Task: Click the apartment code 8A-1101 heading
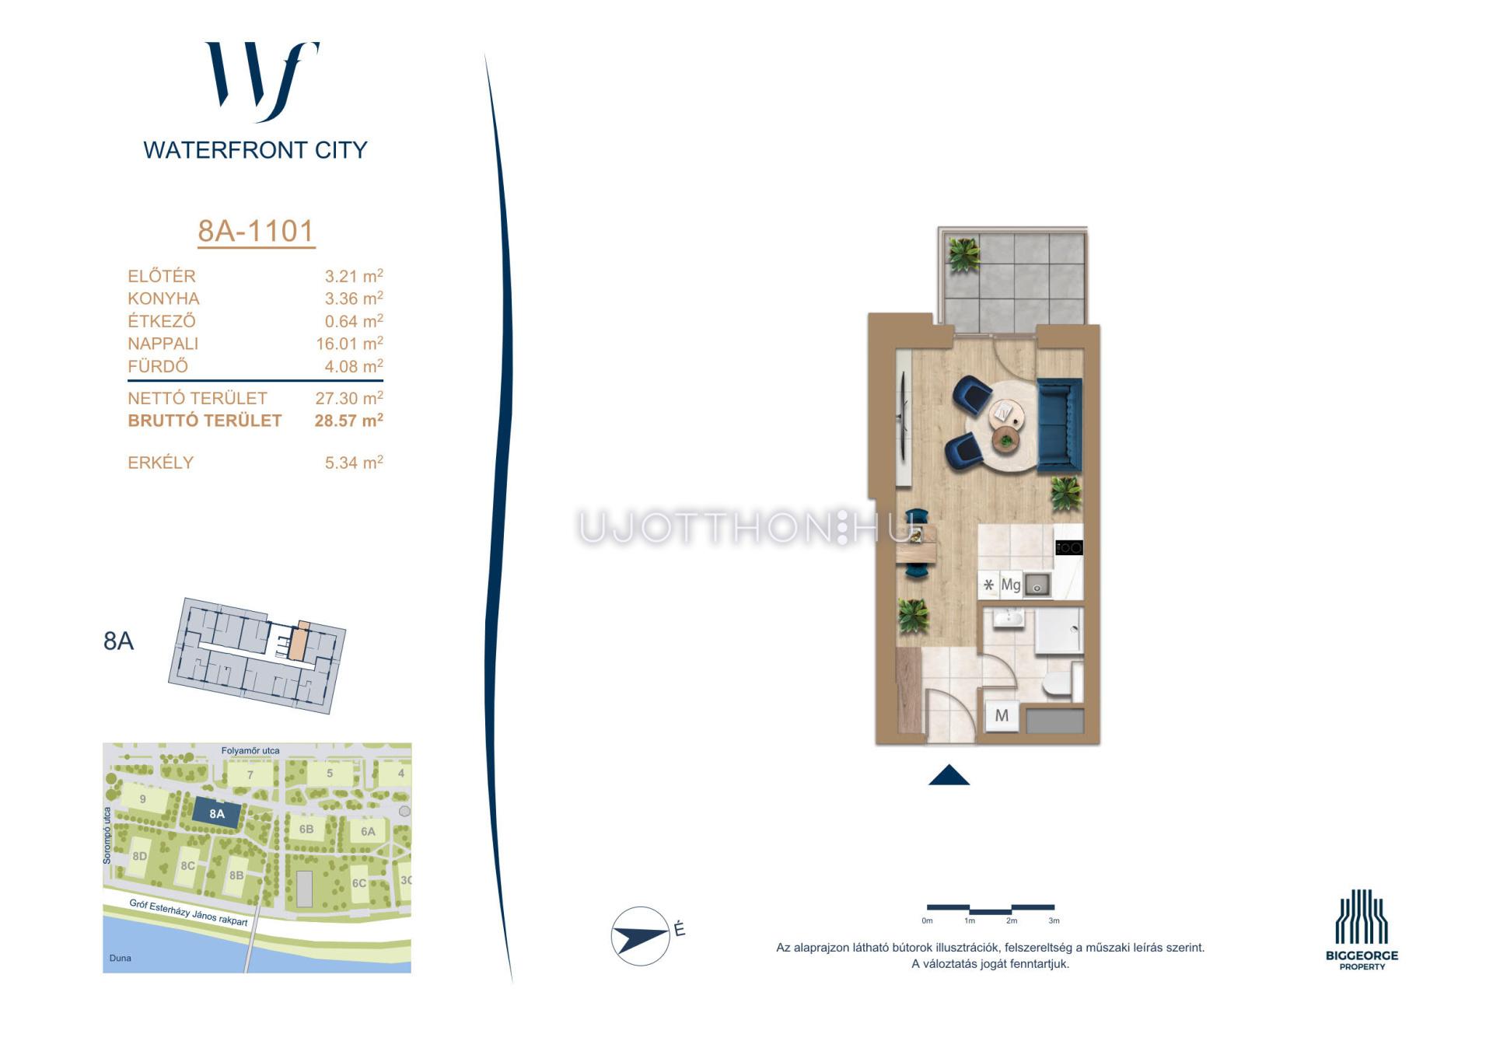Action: click(x=256, y=231)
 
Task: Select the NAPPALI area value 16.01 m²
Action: click(x=349, y=344)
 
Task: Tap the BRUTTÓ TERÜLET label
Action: click(x=205, y=421)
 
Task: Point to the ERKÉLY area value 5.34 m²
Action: click(x=354, y=463)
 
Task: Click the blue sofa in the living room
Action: click(x=1059, y=424)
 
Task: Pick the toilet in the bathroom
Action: click(x=1058, y=684)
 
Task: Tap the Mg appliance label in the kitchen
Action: click(x=1010, y=585)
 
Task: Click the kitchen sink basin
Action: click(x=1037, y=585)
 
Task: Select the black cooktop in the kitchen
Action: click(x=1069, y=548)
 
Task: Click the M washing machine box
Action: click(x=1002, y=715)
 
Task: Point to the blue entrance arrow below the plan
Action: click(x=949, y=775)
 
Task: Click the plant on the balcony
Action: click(x=963, y=253)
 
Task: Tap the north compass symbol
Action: click(x=641, y=936)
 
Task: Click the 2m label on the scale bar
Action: click(x=1011, y=921)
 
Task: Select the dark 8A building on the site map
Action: click(x=216, y=814)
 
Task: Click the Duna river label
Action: click(x=120, y=958)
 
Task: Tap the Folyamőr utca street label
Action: click(x=250, y=750)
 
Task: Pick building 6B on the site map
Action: click(x=306, y=830)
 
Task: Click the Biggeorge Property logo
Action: click(x=1362, y=929)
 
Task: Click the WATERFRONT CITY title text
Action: click(x=255, y=150)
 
